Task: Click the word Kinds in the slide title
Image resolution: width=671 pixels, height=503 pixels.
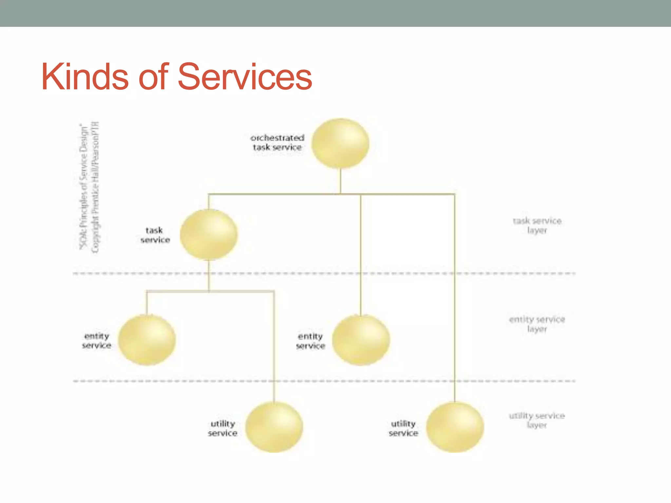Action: click(x=85, y=77)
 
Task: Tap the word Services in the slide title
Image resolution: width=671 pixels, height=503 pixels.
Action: click(x=245, y=77)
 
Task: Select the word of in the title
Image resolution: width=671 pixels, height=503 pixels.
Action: click(x=153, y=77)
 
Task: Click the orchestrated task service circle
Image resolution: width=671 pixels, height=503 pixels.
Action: click(x=340, y=143)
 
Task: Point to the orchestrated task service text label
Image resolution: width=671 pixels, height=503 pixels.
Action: click(x=277, y=142)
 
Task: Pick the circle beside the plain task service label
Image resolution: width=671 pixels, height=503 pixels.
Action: click(x=209, y=234)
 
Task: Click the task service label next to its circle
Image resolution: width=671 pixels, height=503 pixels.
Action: click(x=155, y=235)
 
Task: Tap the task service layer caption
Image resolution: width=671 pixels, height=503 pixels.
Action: click(x=537, y=225)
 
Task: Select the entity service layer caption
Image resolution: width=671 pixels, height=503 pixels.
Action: click(x=537, y=324)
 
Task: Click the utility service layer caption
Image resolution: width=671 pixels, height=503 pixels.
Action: click(x=537, y=420)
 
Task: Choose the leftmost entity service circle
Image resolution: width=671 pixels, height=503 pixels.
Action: click(x=147, y=340)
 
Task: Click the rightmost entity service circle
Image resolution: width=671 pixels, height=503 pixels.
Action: click(x=361, y=340)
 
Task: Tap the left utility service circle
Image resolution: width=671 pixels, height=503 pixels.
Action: click(x=274, y=427)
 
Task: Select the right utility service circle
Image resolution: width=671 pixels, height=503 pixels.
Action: click(x=455, y=427)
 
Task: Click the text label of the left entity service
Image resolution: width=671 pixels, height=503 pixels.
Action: click(x=96, y=341)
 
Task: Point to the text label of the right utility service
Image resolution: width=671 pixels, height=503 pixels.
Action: click(x=403, y=428)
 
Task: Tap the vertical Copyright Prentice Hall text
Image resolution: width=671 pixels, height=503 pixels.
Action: click(x=95, y=187)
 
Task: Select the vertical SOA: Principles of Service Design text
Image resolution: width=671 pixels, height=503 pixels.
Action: click(x=84, y=187)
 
